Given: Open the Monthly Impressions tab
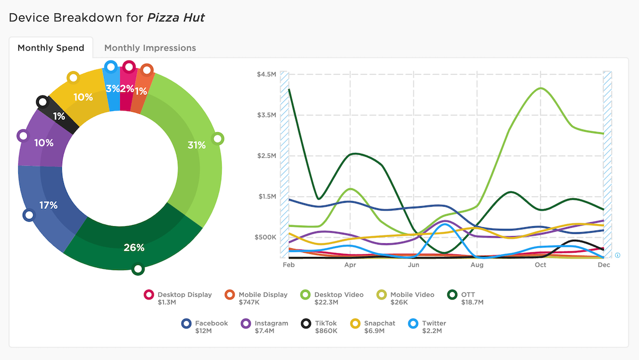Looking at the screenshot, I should (150, 48).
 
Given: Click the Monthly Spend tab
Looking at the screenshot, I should (51, 48).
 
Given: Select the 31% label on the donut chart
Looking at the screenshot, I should (197, 145).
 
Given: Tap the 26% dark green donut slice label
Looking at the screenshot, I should (134, 247).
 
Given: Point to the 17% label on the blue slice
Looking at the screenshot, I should (48, 205).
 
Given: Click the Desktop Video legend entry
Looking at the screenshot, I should (338, 294).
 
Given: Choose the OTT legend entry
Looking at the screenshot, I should (468, 294).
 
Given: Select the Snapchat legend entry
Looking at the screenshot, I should (380, 323).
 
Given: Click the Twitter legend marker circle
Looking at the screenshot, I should (413, 323).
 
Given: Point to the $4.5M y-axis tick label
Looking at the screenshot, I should (266, 74).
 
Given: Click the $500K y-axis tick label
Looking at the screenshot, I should (266, 237).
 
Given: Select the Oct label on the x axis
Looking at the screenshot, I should (540, 265).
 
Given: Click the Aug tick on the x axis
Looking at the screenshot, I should (477, 265).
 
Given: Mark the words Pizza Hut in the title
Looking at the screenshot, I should (176, 17).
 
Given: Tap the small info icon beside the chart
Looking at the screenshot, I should (617, 256).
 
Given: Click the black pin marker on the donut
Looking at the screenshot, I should (42, 102).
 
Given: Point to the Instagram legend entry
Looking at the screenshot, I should (271, 323).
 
